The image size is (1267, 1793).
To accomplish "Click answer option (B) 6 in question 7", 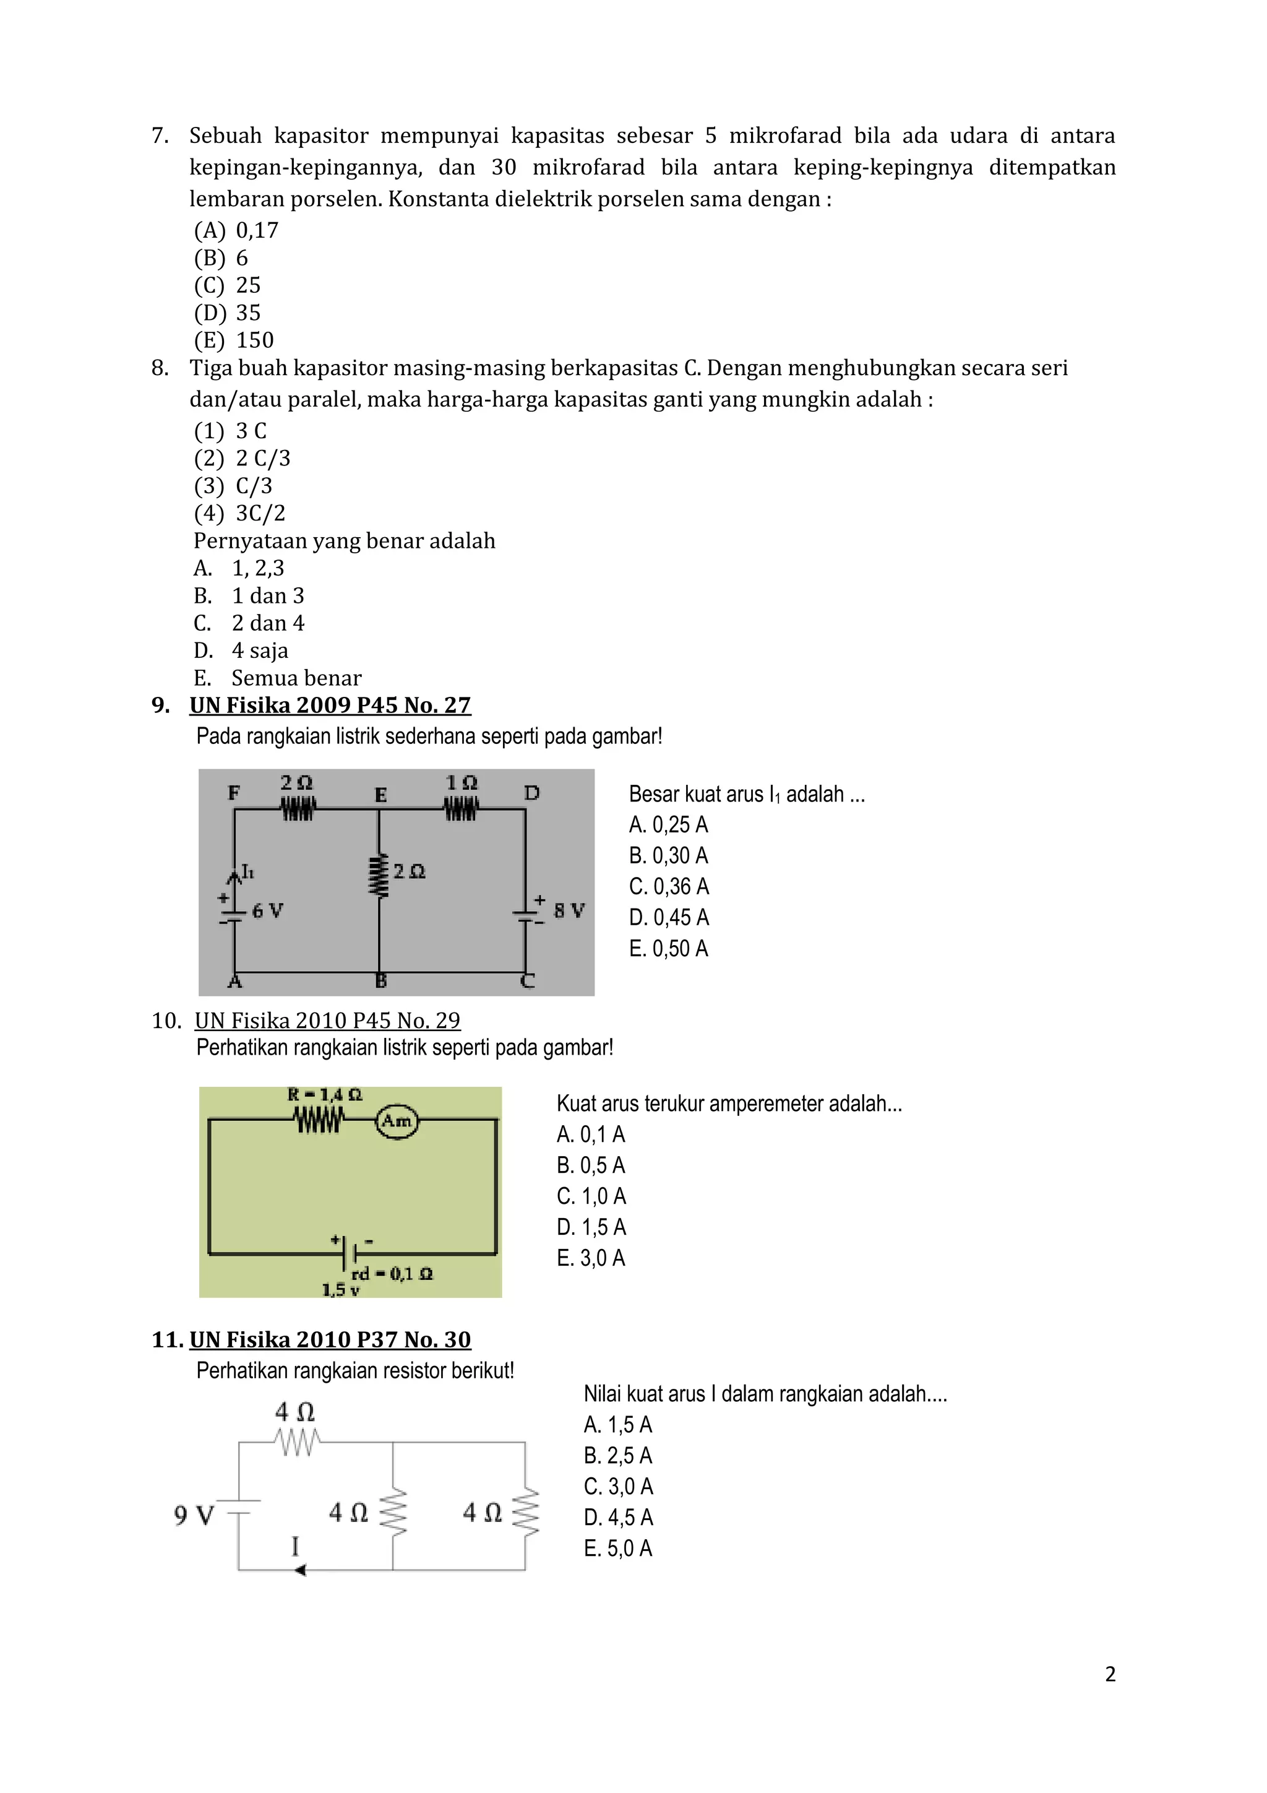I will click(x=221, y=257).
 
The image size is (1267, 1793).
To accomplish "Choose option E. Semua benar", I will click(x=277, y=678).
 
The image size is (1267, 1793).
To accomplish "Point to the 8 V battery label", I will click(x=569, y=910).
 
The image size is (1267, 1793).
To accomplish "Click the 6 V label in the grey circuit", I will click(x=267, y=910).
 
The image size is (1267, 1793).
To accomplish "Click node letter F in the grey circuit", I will click(x=233, y=793).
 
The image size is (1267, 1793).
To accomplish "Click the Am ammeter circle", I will click(x=397, y=1121).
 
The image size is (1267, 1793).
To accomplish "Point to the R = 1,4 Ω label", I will click(x=325, y=1095).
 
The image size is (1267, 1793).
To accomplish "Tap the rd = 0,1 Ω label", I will click(x=392, y=1274).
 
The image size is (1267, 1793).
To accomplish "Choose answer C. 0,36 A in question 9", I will click(x=668, y=886).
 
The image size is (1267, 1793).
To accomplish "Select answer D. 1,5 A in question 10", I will click(x=591, y=1227).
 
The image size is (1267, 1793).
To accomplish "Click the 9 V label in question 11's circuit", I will click(x=193, y=1516).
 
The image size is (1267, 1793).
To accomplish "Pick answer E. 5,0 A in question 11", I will click(x=617, y=1548).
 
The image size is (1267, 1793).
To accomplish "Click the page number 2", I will click(x=1109, y=1674).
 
